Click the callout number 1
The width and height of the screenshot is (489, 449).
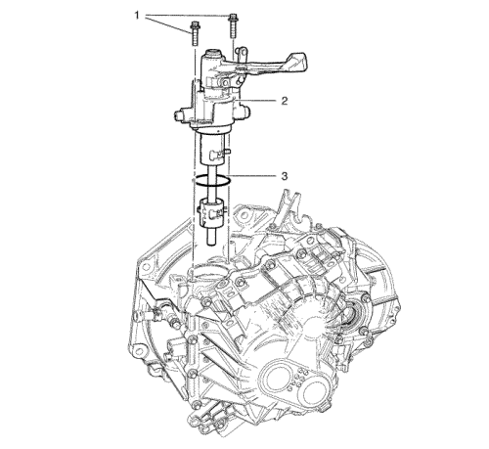coord(137,15)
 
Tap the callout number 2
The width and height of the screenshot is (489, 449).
coord(285,101)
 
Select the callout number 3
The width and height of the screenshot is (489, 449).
coord(285,176)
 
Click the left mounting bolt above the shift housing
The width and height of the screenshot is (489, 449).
coord(195,33)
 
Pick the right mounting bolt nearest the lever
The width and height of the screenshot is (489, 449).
coord(233,26)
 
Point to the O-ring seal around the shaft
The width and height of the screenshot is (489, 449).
coord(212,181)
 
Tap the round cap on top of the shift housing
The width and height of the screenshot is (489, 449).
coord(213,52)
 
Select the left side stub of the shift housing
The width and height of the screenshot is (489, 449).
coord(181,115)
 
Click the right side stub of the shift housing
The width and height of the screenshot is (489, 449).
coord(244,110)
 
